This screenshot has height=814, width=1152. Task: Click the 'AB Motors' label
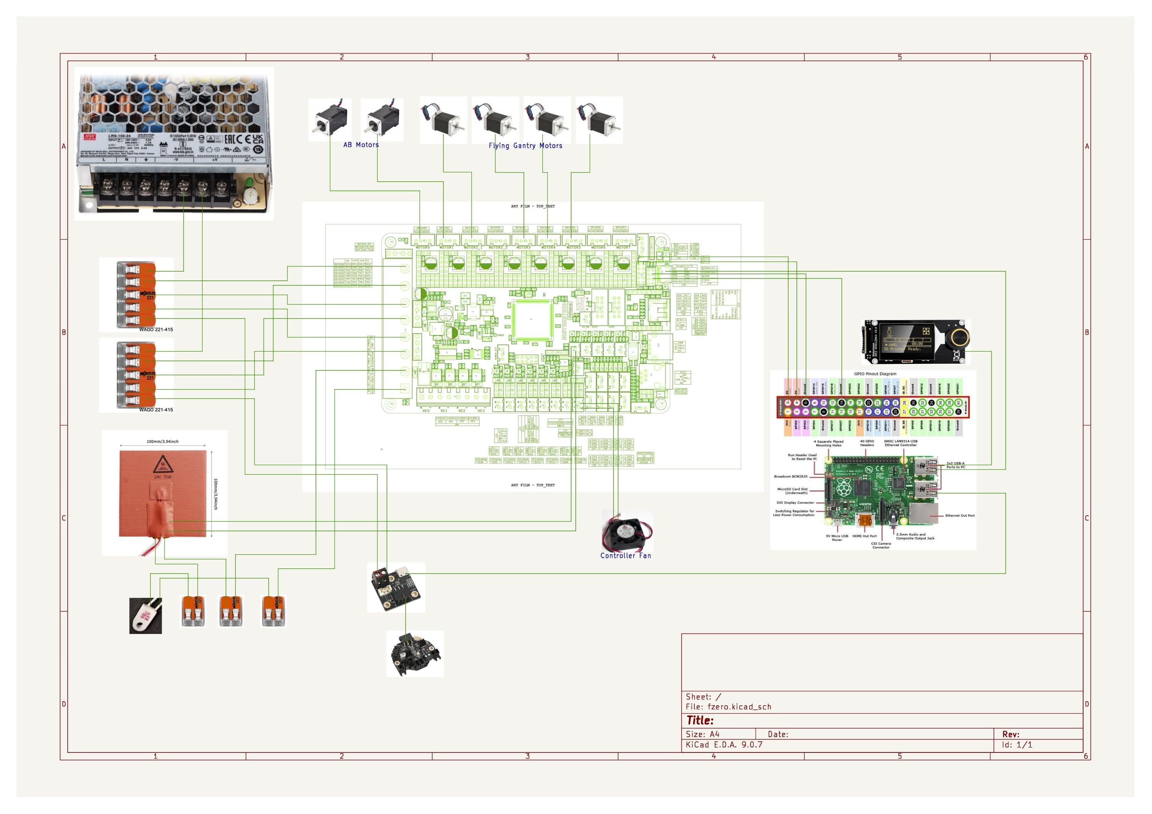pos(361,145)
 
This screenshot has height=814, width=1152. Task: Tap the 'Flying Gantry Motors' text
pos(525,146)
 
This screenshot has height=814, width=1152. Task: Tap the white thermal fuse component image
pos(145,616)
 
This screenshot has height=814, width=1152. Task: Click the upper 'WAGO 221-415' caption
pos(156,330)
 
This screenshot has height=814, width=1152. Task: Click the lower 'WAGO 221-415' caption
pos(156,410)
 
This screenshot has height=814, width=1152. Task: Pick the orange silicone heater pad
pos(162,494)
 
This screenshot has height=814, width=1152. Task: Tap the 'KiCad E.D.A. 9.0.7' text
pos(724,745)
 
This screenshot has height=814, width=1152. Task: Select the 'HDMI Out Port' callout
pos(864,536)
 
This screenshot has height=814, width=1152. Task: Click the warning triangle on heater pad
pos(162,465)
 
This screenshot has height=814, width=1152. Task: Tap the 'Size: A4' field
pos(702,734)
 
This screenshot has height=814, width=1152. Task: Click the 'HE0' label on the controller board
pos(426,411)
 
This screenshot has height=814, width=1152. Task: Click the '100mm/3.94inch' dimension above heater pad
pos(162,442)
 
